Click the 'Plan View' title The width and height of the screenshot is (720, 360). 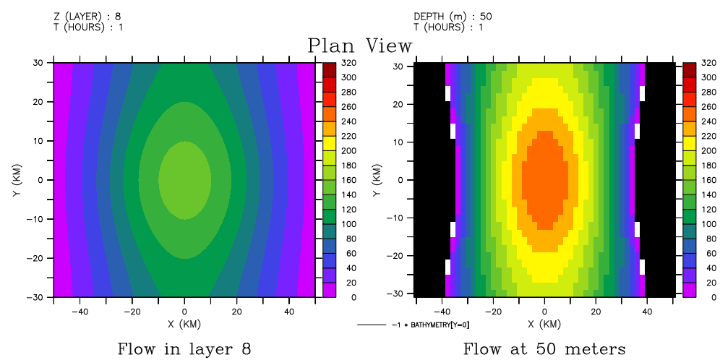(360, 46)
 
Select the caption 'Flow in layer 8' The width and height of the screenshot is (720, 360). (184, 349)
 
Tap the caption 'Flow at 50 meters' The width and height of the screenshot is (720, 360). (544, 349)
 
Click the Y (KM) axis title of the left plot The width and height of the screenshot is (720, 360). (15, 179)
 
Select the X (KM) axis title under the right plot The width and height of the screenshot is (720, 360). (545, 325)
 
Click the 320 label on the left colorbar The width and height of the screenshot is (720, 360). (348, 63)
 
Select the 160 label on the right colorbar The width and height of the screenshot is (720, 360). (708, 180)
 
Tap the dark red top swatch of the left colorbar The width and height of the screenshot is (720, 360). (329, 69)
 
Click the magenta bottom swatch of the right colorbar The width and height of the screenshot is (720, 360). (688, 290)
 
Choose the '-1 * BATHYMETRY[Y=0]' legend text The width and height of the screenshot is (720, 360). (430, 325)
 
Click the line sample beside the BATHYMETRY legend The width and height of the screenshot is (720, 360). (372, 325)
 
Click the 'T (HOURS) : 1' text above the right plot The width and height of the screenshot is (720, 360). (449, 27)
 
